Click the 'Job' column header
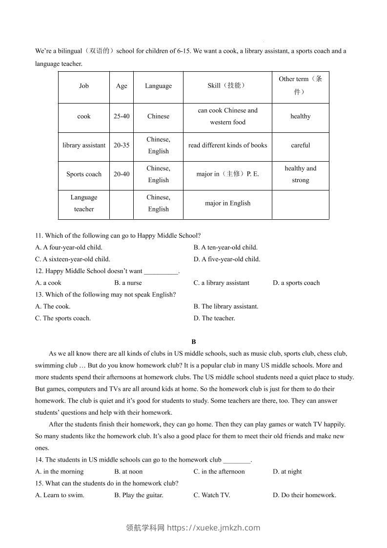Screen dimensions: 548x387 click(x=84, y=86)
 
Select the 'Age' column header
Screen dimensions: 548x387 click(x=122, y=86)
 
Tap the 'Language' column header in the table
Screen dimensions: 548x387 click(x=158, y=86)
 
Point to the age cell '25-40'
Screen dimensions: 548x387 click(x=122, y=116)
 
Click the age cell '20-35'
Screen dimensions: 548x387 click(x=122, y=145)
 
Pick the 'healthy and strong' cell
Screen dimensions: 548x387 click(x=300, y=174)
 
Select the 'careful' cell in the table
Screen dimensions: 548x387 click(x=300, y=145)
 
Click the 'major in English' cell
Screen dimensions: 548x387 click(x=227, y=203)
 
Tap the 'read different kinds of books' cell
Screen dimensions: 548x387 click(x=227, y=145)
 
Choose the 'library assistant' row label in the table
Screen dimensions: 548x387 click(x=84, y=145)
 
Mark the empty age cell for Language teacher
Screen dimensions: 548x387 click(x=122, y=204)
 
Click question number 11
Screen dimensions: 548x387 click(x=39, y=235)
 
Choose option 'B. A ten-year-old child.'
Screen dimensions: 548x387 click(x=225, y=247)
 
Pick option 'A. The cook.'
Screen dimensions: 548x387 click(x=53, y=306)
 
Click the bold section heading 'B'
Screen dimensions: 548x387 click(x=194, y=342)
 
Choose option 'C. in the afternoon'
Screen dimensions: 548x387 click(x=219, y=471)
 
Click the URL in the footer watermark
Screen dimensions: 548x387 click(x=214, y=527)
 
